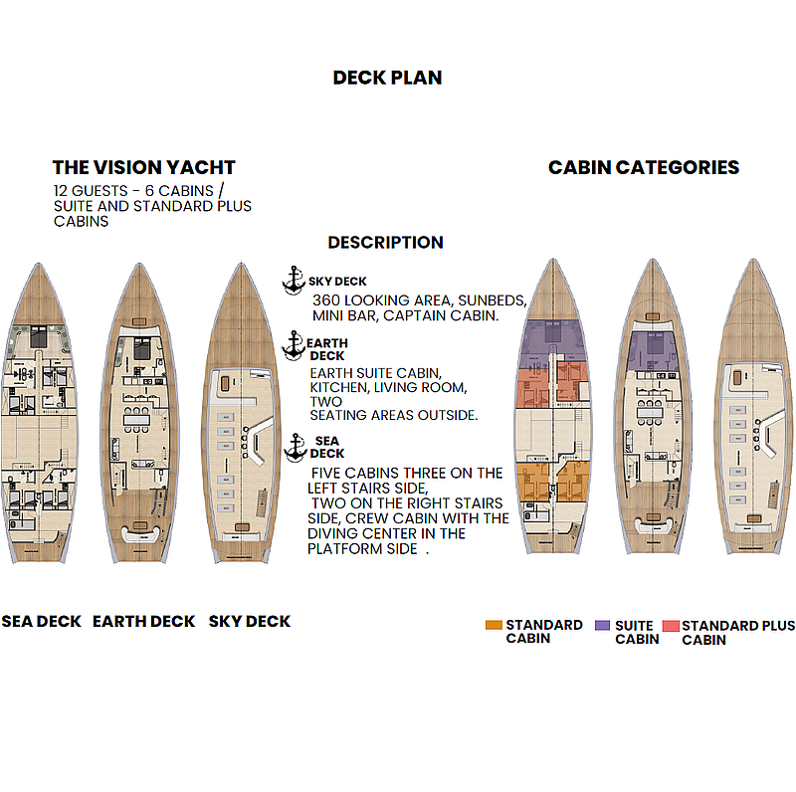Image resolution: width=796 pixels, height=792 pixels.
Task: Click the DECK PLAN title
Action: (x=387, y=78)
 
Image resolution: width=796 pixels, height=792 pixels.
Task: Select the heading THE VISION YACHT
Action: (x=144, y=167)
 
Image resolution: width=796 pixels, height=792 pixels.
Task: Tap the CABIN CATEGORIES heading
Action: (x=644, y=167)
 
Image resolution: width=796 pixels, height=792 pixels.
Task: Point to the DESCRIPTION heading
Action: (x=386, y=242)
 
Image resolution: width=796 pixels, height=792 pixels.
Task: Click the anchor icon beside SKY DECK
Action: (x=294, y=280)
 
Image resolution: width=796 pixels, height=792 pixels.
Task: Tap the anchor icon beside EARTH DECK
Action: (x=294, y=345)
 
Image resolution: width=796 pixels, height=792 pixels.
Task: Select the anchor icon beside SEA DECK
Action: (x=296, y=448)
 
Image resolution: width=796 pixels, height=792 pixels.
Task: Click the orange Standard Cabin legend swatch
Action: (x=494, y=625)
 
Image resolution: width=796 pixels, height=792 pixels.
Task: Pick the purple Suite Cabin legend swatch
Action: (x=603, y=625)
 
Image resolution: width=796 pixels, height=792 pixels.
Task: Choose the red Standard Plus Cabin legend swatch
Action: (x=671, y=626)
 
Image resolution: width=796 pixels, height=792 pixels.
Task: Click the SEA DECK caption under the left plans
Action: (x=41, y=622)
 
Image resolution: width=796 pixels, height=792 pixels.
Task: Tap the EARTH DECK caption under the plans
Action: (x=143, y=622)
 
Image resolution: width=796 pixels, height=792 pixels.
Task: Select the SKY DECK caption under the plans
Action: (x=250, y=622)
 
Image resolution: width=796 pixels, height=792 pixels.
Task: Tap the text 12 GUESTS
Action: (x=91, y=191)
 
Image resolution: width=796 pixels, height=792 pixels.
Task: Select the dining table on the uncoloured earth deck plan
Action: (x=137, y=420)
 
